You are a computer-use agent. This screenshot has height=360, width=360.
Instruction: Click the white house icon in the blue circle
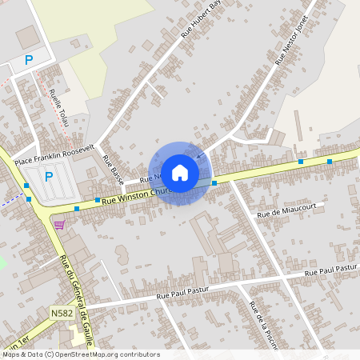click(x=180, y=172)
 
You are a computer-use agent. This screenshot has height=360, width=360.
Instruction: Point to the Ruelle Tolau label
click(x=58, y=108)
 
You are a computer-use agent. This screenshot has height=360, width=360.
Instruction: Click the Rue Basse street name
click(x=113, y=167)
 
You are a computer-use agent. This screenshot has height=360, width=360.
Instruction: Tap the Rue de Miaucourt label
click(x=281, y=213)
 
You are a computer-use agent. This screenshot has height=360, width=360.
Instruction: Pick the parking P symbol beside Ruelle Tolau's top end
click(x=29, y=60)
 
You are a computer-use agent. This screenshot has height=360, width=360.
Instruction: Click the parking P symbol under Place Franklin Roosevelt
click(x=48, y=177)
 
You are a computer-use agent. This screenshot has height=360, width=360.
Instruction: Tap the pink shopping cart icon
click(x=59, y=225)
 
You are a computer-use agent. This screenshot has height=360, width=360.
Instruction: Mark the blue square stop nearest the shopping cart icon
click(x=77, y=209)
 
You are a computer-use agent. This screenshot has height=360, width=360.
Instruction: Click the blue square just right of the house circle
click(x=214, y=183)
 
